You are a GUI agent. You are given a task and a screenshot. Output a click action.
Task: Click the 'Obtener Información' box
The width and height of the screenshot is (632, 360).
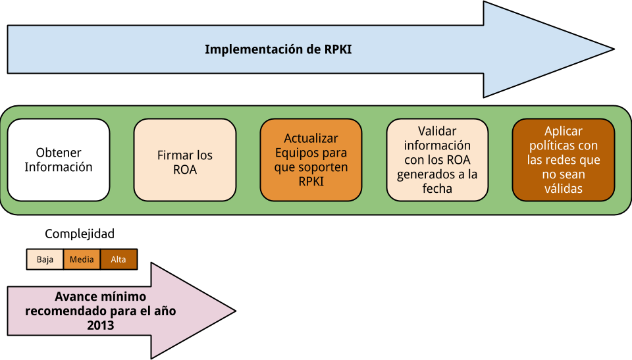(59, 160)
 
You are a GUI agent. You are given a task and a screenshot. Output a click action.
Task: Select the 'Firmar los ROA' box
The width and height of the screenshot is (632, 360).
(185, 160)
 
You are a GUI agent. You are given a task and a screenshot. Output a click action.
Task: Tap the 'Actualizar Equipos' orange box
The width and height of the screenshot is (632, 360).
(311, 160)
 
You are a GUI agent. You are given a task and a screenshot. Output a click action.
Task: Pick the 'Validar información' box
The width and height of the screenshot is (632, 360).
(437, 160)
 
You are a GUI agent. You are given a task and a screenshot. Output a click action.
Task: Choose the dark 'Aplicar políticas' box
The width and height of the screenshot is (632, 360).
(564, 160)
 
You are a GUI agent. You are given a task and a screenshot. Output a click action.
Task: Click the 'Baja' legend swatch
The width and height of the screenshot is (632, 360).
(45, 259)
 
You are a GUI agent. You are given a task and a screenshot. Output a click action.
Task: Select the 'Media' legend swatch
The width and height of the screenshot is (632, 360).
(82, 259)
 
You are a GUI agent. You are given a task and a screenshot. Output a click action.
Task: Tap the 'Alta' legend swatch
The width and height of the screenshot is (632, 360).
(118, 259)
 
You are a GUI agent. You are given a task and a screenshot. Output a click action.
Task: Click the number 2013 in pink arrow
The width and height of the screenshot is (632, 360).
(100, 325)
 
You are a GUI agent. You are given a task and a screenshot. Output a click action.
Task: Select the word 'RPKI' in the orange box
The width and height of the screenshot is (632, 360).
(311, 182)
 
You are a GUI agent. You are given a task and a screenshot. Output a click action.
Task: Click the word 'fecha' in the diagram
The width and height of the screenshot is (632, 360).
(437, 189)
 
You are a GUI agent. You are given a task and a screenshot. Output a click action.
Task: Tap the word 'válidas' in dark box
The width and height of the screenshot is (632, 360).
(564, 189)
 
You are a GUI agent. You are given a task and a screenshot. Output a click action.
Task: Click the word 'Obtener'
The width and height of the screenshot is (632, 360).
(59, 153)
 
